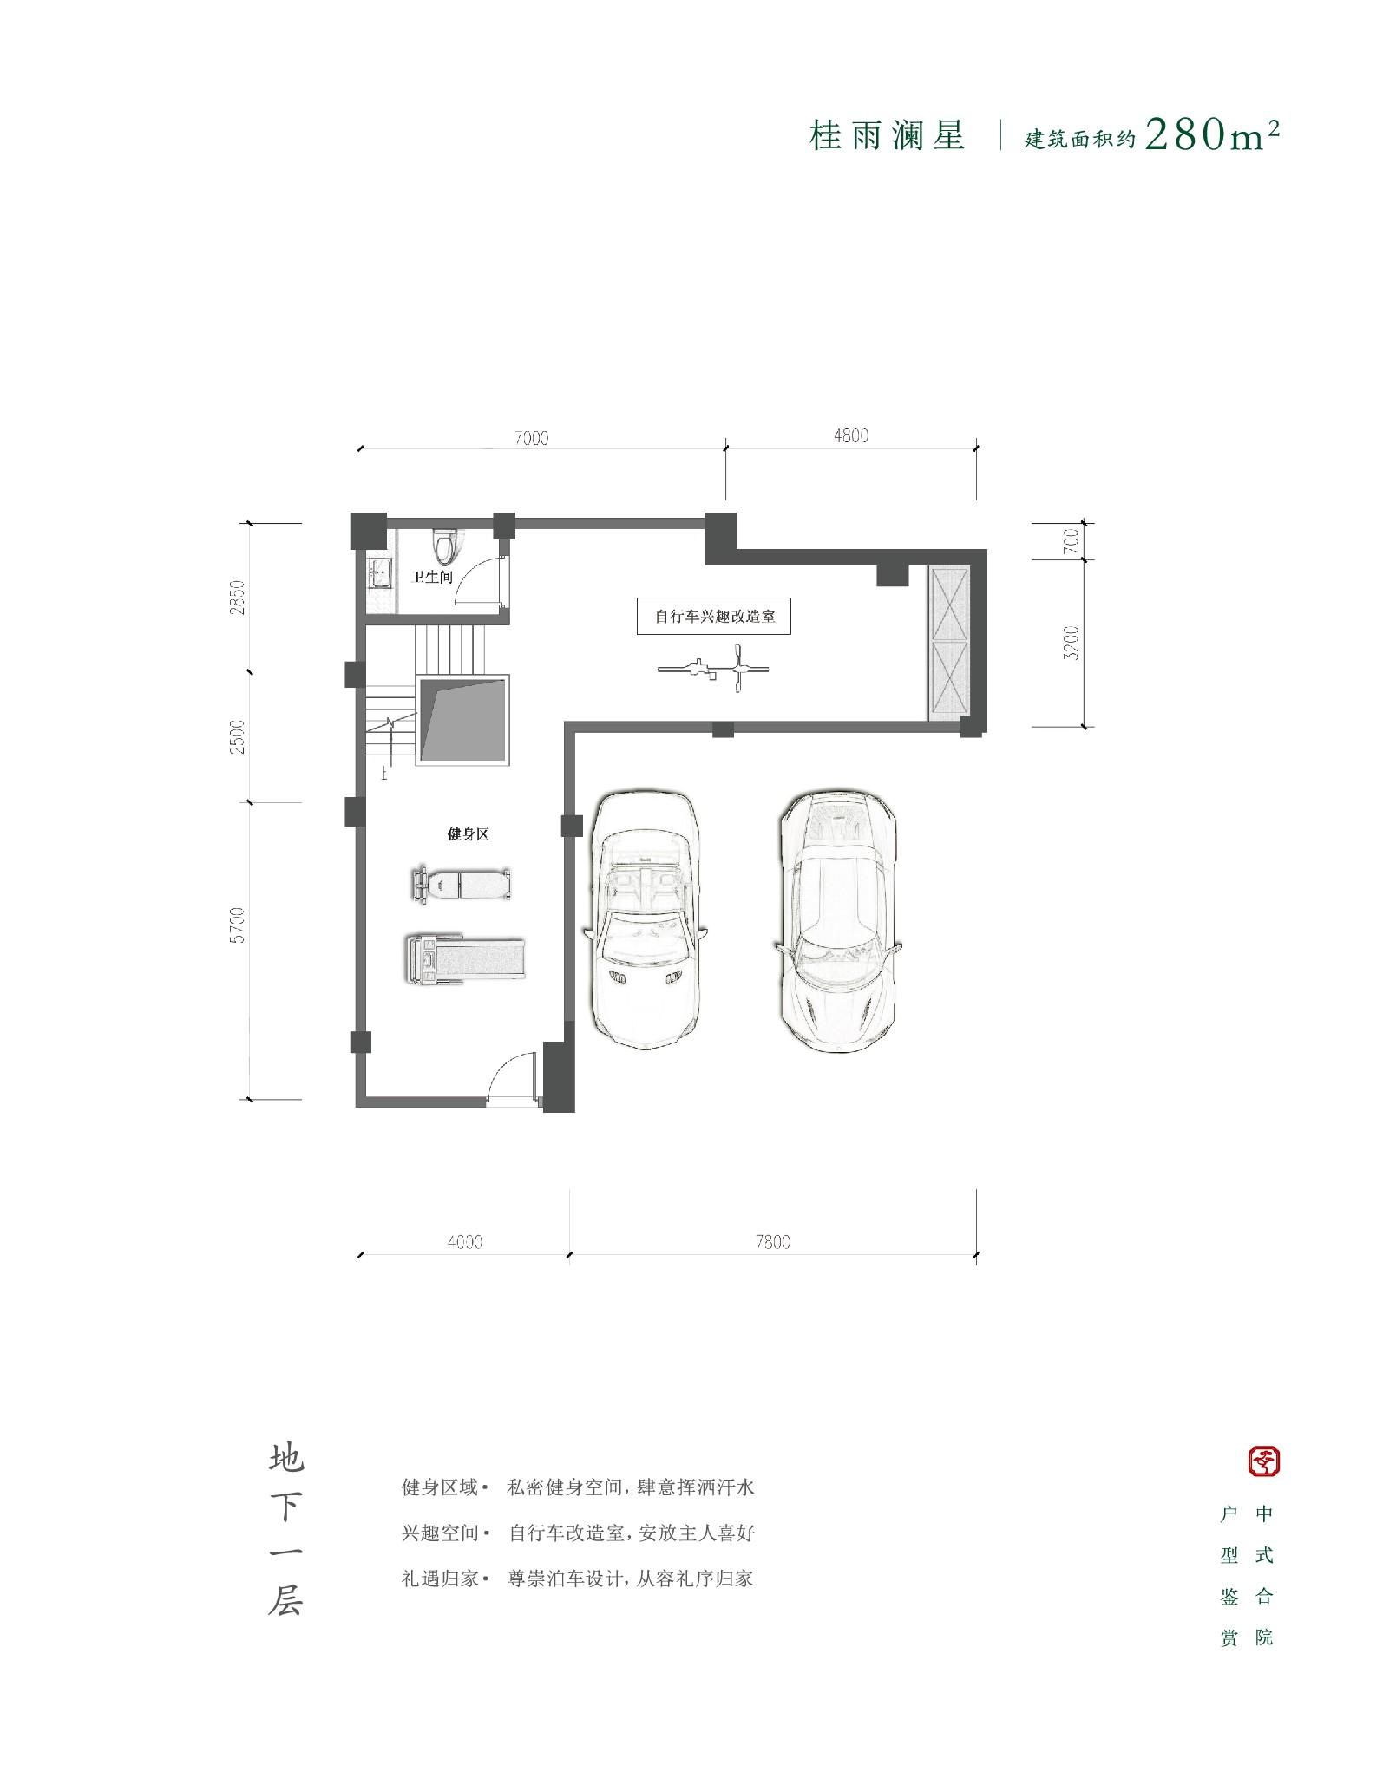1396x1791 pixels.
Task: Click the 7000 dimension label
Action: tap(531, 438)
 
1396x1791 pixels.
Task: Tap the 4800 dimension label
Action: tap(850, 435)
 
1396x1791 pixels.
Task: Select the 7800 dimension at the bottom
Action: tap(773, 1242)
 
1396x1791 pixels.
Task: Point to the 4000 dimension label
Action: tap(465, 1242)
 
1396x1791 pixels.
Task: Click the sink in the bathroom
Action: tap(378, 573)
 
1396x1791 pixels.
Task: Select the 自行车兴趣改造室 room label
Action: tap(714, 618)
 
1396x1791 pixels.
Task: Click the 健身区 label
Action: tap(469, 834)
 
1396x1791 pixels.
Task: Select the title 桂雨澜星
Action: tap(887, 136)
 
